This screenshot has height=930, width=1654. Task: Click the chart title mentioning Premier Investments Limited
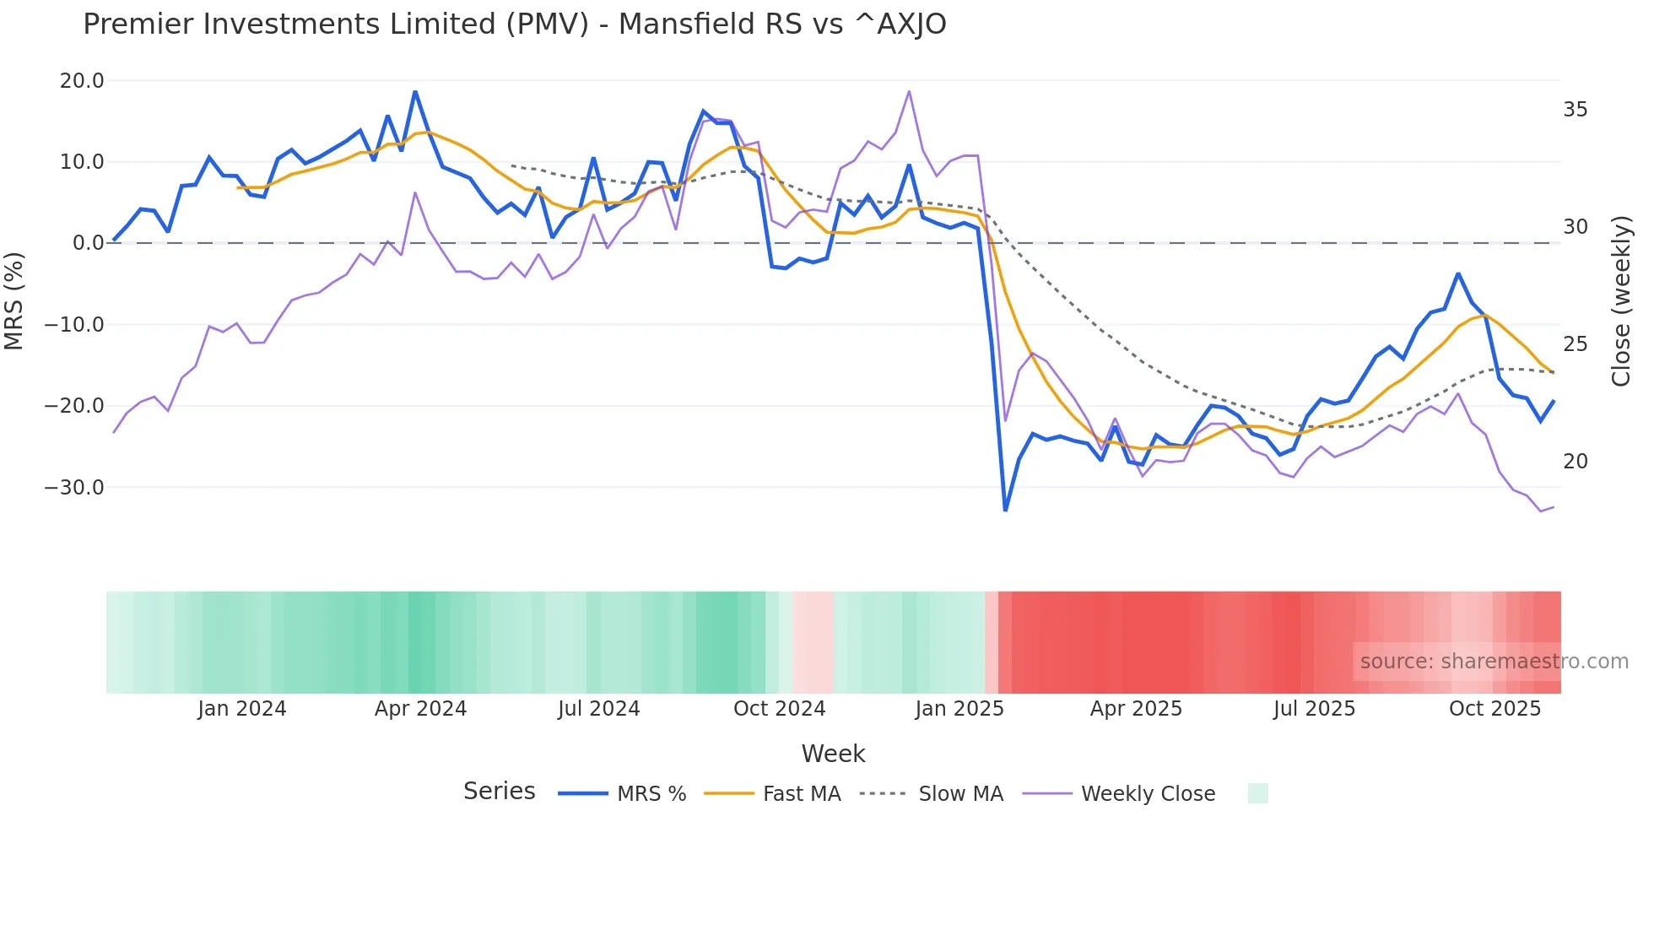(x=514, y=24)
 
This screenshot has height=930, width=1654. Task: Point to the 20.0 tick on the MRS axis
(x=81, y=81)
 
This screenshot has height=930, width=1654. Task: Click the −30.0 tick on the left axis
(x=74, y=488)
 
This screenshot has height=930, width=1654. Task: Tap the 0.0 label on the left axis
(x=88, y=243)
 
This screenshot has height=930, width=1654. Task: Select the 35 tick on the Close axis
(x=1575, y=110)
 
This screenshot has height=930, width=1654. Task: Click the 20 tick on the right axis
(x=1575, y=462)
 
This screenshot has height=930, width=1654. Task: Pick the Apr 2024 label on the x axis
(x=420, y=709)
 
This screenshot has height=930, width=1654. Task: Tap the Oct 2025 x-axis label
(x=1495, y=709)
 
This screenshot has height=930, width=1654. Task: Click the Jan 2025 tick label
(x=959, y=709)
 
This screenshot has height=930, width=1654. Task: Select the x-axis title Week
(x=833, y=754)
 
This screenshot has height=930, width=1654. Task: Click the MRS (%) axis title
(x=14, y=300)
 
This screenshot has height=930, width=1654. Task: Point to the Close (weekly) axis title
(x=1621, y=300)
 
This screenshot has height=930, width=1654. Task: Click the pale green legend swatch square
(x=1257, y=793)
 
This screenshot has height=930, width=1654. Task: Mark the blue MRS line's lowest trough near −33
(x=1005, y=510)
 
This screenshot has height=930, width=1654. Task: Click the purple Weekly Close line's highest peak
(x=909, y=91)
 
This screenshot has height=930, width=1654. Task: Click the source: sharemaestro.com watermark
(x=1494, y=662)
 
